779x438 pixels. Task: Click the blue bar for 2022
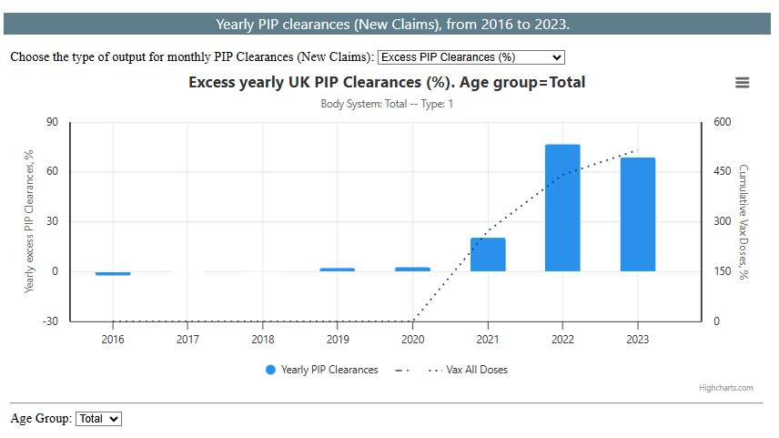click(x=562, y=208)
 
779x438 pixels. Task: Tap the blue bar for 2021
click(x=488, y=254)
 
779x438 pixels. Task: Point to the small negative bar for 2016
click(x=113, y=273)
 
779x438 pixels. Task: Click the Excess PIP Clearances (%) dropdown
click(x=470, y=56)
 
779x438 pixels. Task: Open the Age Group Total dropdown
click(x=98, y=419)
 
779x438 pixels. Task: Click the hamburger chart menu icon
click(x=743, y=83)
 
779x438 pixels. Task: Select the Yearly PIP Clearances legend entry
click(x=322, y=370)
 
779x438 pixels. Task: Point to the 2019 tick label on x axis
click(x=338, y=339)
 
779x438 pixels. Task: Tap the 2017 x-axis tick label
click(x=187, y=339)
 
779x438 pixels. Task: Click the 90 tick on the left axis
click(x=52, y=122)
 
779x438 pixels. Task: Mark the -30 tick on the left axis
click(x=50, y=321)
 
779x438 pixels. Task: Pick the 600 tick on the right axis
click(x=723, y=122)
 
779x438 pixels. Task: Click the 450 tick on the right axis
click(x=723, y=172)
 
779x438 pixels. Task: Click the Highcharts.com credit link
click(x=725, y=388)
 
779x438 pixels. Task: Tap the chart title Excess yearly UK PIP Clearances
click(x=387, y=83)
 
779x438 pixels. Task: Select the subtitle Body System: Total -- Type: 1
click(x=387, y=104)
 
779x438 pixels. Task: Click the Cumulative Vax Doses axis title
click(x=744, y=221)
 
